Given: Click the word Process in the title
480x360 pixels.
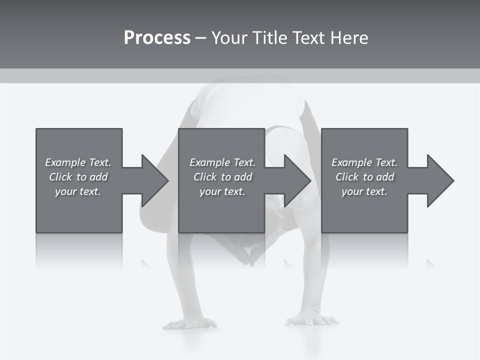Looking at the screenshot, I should tap(157, 38).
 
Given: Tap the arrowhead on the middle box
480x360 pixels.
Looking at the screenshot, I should tap(297, 180).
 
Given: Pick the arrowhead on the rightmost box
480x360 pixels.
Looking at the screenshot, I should tap(439, 180).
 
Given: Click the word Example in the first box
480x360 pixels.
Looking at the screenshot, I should tap(65, 162).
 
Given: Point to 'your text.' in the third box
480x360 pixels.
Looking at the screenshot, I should tap(364, 191).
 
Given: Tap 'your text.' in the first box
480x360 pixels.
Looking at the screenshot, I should tap(78, 191).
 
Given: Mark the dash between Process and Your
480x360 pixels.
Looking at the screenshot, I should tap(200, 38).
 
